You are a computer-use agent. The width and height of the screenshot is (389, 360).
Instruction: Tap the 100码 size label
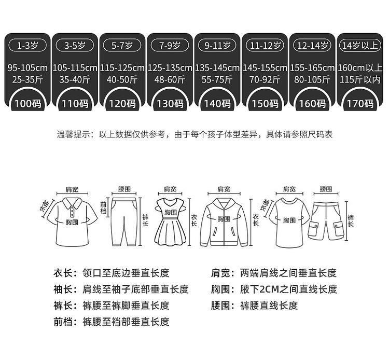coord(27,103)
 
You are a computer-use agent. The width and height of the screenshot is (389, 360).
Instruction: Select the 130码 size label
coord(170,103)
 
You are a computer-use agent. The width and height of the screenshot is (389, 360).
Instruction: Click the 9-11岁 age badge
coord(217,46)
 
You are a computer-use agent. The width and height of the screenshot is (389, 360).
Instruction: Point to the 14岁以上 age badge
coord(358,46)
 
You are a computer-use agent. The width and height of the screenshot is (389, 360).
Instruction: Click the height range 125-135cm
coord(170,68)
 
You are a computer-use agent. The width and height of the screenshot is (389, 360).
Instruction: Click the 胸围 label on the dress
coord(171,213)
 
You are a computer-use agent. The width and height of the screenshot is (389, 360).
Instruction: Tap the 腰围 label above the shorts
coord(326,189)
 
